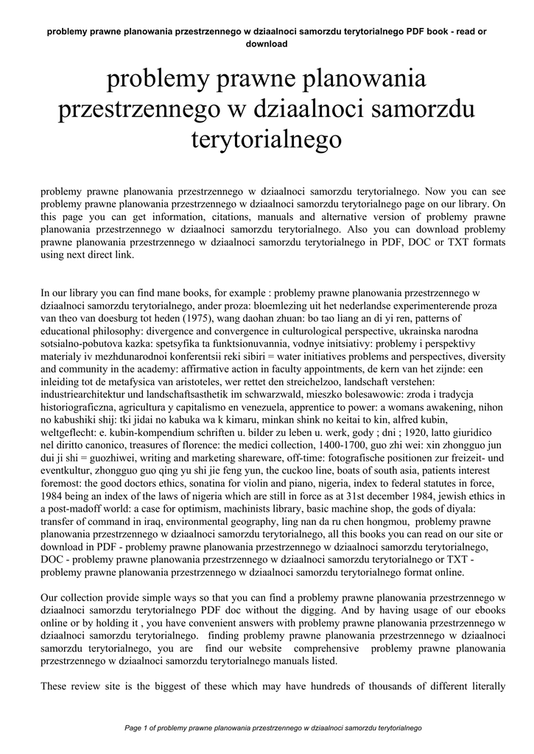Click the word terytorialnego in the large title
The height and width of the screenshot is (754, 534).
(267, 139)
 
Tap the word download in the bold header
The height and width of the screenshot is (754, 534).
(266, 43)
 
